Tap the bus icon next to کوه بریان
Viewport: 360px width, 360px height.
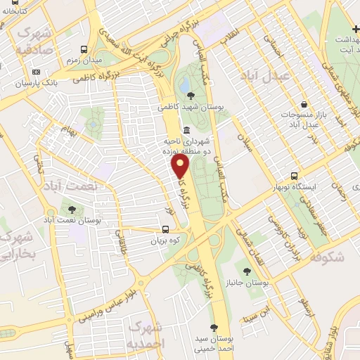point(166,229)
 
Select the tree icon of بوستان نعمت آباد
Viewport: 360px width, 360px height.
point(71,210)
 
